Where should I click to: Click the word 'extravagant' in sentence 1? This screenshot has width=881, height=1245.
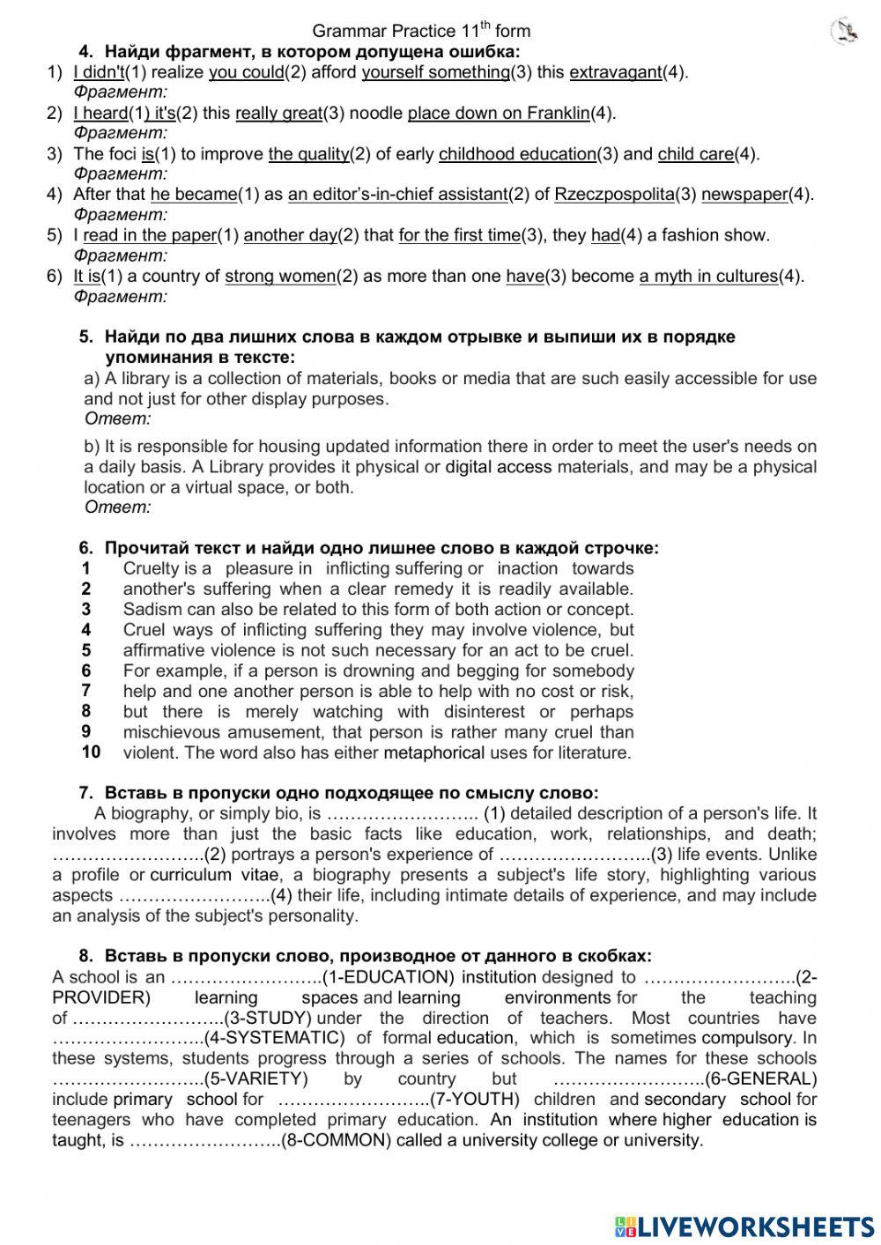615,72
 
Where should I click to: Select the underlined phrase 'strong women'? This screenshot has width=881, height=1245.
280,276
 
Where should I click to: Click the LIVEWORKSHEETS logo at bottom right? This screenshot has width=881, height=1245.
744,1226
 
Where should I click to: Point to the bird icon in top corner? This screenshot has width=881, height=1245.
845,32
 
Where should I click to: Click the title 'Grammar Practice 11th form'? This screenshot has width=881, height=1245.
421,32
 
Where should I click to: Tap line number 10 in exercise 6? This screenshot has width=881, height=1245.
91,752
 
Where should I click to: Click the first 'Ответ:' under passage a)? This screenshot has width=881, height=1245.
118,419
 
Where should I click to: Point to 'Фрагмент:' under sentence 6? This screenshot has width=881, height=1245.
120,296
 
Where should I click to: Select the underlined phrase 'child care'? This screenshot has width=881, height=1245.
695,154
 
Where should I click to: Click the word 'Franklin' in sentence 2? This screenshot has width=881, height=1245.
558,113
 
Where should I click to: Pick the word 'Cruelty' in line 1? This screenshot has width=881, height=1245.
152,568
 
